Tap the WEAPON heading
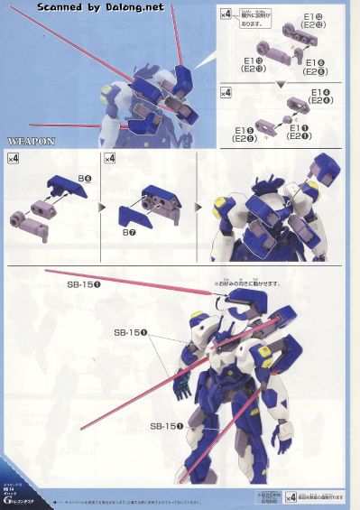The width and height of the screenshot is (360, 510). (x=32, y=143)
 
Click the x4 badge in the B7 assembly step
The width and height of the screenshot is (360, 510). (x=110, y=160)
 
